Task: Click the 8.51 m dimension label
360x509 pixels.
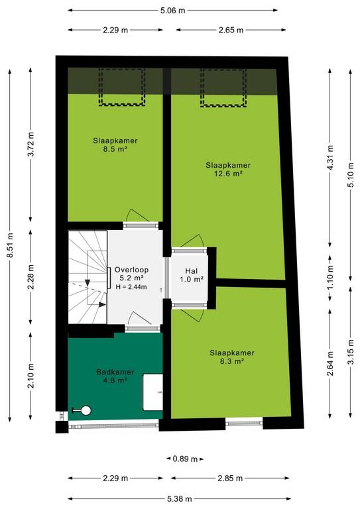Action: click(x=11, y=246)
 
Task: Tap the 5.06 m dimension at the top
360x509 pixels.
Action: click(x=172, y=11)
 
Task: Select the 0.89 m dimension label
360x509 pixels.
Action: click(x=185, y=459)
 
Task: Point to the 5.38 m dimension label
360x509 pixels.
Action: click(x=179, y=499)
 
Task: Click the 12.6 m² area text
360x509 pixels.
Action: click(x=228, y=174)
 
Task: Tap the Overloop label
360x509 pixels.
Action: click(x=131, y=270)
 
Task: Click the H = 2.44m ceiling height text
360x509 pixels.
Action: click(x=131, y=286)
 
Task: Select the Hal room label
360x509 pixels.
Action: click(x=192, y=270)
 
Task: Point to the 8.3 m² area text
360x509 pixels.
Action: click(x=232, y=361)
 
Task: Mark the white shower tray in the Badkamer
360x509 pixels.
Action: click(x=152, y=392)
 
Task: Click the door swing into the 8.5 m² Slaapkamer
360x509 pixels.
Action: click(x=139, y=216)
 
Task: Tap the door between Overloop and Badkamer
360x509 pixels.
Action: click(x=140, y=319)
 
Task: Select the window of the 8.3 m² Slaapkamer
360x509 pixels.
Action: click(x=244, y=423)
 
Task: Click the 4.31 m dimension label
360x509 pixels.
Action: click(x=330, y=158)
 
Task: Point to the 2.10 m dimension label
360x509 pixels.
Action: click(x=31, y=376)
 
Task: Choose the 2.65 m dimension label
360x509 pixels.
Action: click(x=231, y=30)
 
